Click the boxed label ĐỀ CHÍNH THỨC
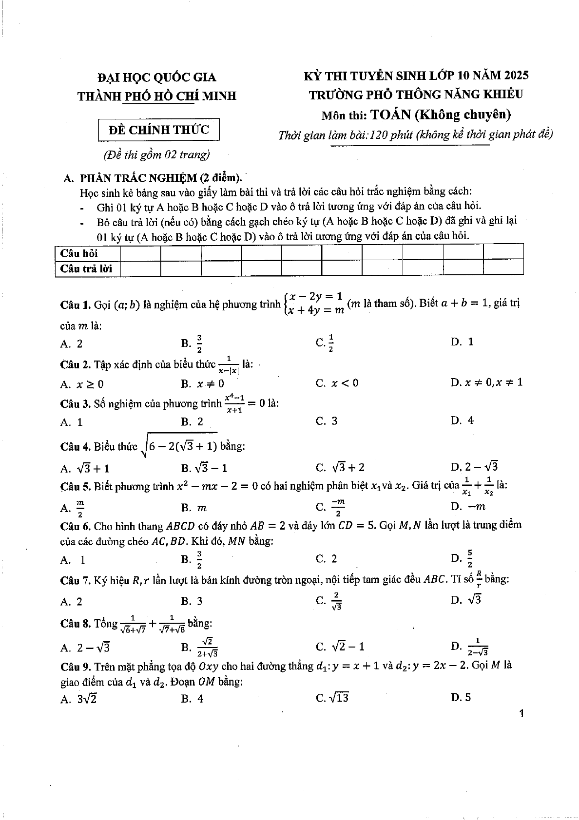(x=158, y=130)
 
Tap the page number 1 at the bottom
(x=521, y=714)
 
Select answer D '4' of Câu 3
(x=463, y=420)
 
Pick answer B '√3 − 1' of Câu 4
(x=204, y=468)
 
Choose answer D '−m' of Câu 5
(x=468, y=506)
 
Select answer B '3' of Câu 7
(x=192, y=601)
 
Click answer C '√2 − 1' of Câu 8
(x=340, y=647)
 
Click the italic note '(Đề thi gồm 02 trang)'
(x=156, y=155)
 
